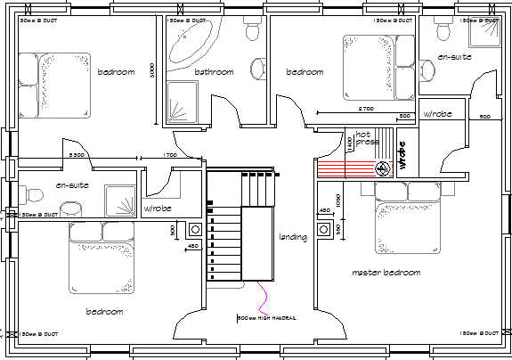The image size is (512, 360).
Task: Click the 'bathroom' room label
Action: tap(214, 72)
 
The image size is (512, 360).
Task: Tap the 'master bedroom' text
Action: tap(386, 273)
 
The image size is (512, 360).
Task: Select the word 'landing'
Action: tap(293, 237)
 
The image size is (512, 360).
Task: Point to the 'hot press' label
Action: tap(368, 138)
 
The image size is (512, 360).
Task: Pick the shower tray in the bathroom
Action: tap(183, 101)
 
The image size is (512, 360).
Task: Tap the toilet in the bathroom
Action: tap(252, 32)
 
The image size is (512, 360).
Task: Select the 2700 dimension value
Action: tap(365, 109)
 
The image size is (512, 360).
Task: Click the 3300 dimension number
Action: tap(77, 156)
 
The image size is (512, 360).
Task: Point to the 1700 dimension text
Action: tap(170, 156)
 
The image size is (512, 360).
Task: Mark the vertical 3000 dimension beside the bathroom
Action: tap(153, 69)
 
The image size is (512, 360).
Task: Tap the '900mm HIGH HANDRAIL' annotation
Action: tap(266, 317)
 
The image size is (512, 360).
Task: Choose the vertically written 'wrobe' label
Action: tap(402, 157)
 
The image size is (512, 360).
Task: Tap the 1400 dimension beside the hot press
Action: tap(350, 144)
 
